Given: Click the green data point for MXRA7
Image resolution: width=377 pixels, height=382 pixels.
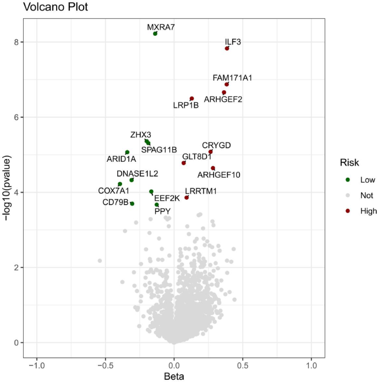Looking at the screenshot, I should coord(155,34).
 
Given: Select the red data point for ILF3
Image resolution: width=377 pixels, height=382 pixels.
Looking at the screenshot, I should coord(227,48).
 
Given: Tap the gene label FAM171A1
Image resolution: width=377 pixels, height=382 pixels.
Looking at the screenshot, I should coord(232,78).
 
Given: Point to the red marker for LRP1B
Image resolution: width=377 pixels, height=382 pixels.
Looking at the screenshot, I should coord(192,99).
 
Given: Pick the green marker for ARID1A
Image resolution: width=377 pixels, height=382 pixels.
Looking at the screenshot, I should coord(127,152).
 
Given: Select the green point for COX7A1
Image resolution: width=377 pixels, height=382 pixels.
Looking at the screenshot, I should coord(120,184).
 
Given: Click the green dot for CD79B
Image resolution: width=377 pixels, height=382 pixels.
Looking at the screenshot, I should coord(132,204).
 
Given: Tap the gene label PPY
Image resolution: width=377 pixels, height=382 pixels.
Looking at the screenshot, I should coord(162,211).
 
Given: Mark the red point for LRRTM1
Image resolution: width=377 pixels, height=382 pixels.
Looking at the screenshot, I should coord(187,198).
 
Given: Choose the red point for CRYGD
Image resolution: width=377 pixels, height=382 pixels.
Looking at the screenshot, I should coord(211,152).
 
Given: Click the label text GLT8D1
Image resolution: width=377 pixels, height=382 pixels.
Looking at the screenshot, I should coord(197,156).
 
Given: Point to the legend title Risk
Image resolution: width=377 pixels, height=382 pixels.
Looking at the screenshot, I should coord(349,163).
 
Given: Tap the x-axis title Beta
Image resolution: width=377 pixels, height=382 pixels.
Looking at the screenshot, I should coord(174,376).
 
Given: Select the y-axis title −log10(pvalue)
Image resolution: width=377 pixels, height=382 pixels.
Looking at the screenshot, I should coord(7,181).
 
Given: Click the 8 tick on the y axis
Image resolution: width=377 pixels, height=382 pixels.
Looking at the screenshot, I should coord(17,42).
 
